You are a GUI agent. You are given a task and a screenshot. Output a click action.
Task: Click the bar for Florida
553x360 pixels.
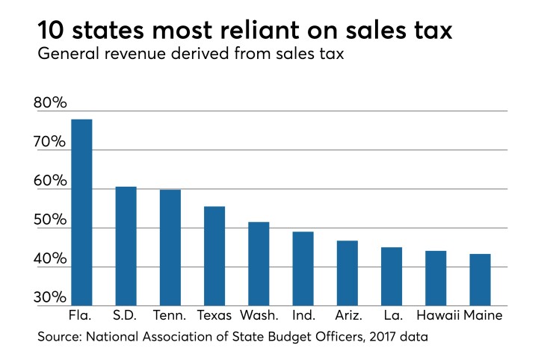pos(81,212)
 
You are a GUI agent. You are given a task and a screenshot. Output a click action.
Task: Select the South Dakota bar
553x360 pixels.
pos(126,246)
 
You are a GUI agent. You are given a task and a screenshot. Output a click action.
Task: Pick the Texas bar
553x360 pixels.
pos(214,255)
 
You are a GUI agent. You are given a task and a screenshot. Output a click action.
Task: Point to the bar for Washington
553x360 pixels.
pos(259,264)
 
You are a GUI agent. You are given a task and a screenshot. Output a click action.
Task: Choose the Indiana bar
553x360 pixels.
pos(303,268)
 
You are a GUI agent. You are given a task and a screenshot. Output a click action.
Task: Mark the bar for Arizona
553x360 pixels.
pos(347,273)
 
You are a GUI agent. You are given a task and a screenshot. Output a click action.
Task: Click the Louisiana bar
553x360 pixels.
pos(392,276)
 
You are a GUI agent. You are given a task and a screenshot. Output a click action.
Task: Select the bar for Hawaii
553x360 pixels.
pos(436,278)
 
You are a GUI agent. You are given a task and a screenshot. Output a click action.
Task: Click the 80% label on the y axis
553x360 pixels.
pos(51,104)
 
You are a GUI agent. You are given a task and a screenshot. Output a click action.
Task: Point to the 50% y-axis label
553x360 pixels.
pos(51,222)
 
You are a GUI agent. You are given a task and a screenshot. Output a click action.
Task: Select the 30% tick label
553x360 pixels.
pos(51,298)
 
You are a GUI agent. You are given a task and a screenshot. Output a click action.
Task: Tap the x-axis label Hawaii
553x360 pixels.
pos(436,316)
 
